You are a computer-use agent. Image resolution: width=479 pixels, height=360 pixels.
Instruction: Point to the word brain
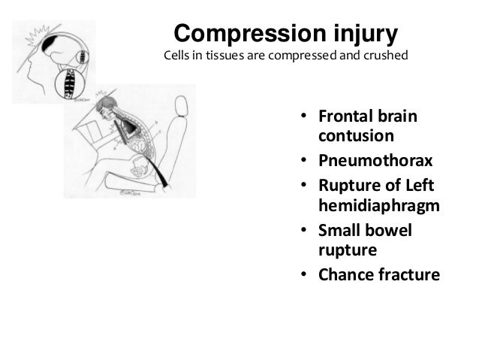coord(396,119)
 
